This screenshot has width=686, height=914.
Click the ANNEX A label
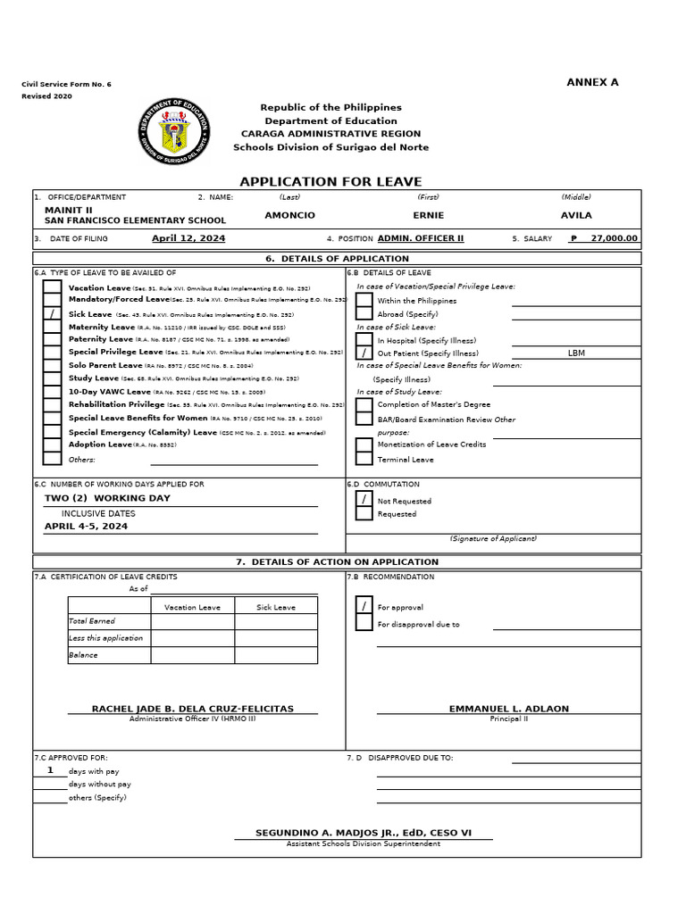tap(592, 82)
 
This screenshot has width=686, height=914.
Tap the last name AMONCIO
tap(290, 215)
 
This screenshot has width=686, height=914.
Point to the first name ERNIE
tap(428, 215)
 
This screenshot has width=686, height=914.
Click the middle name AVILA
tap(575, 215)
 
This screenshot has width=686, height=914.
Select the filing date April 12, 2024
tap(188, 238)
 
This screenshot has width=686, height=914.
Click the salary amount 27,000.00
tap(608, 238)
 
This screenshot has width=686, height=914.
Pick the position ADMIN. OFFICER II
tap(421, 238)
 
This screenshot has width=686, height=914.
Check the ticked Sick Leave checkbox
tap(53, 314)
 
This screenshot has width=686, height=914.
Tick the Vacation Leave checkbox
tap(53, 287)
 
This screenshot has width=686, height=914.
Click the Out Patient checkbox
tap(364, 353)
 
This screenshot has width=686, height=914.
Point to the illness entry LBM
tap(576, 353)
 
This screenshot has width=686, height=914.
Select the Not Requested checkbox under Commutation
tap(364, 500)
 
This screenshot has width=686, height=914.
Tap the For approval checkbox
tap(364, 607)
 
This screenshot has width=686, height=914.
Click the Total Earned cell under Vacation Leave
tap(192, 621)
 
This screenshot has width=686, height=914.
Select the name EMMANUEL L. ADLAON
tap(508, 709)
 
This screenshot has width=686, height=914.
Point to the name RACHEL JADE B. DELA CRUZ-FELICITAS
tap(192, 709)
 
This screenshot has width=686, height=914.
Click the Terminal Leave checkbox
tap(364, 459)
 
